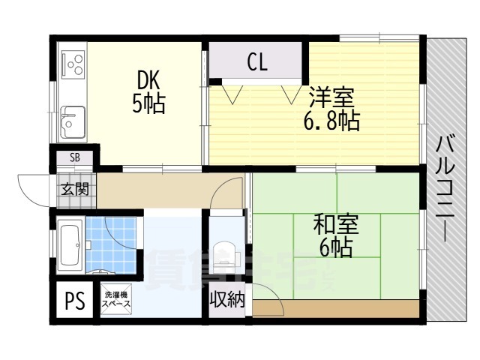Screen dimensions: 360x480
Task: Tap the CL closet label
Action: coord(257,63)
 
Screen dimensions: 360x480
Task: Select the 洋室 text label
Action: coord(331,98)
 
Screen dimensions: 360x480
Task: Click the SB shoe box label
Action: coord(75,157)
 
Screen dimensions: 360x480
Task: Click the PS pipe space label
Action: coord(73,302)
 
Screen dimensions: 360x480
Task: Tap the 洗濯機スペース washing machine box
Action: coord(117,301)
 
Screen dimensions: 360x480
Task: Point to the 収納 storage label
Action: coord(227,301)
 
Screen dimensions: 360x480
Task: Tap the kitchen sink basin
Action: coord(73,121)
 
